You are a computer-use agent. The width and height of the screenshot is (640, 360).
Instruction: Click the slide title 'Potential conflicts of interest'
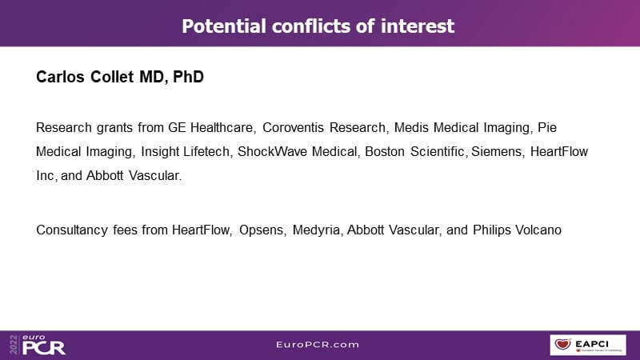[318, 26]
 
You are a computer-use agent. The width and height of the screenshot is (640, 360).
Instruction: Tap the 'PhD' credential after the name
[188, 77]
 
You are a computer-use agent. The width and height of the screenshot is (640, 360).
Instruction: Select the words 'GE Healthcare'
[210, 127]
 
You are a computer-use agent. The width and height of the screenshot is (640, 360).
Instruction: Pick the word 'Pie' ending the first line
[547, 127]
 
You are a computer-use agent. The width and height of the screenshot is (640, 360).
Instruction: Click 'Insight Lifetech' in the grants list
[186, 151]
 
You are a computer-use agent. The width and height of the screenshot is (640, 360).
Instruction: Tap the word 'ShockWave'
[273, 151]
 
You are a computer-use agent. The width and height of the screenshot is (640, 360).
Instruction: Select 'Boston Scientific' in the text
[414, 151]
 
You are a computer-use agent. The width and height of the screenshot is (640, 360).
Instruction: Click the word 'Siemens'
[496, 151]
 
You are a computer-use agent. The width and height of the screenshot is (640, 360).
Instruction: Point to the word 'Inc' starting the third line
[45, 175]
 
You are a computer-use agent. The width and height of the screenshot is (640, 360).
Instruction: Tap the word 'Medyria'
[316, 230]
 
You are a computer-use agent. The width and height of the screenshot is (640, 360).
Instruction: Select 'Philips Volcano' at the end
[517, 230]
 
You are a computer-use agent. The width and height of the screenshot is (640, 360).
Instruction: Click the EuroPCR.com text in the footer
[318, 345]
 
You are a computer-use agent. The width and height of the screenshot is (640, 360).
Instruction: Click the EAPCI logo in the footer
[588, 345]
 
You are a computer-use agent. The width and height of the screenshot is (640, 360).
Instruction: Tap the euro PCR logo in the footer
[44, 345]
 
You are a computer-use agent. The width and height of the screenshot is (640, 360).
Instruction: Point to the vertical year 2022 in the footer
[14, 345]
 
